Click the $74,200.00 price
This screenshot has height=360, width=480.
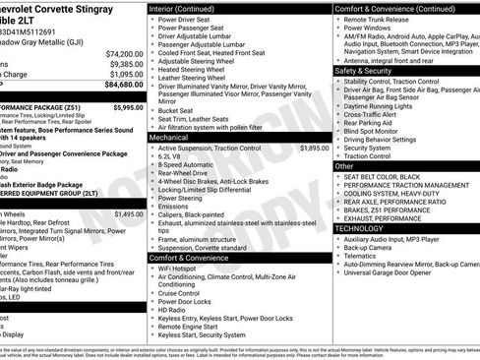[124, 53]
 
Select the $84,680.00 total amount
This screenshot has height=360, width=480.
[124, 86]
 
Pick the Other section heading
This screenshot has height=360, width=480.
[345, 166]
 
